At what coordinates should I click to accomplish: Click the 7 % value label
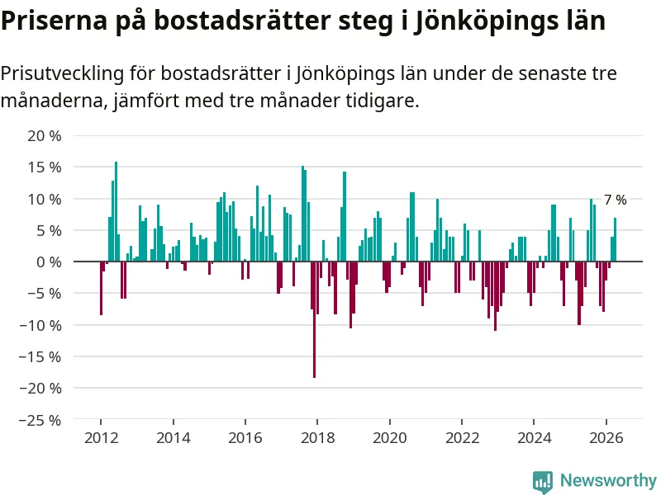point(615,200)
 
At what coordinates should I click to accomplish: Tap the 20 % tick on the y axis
point(45,136)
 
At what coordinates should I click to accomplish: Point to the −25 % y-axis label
point(40,420)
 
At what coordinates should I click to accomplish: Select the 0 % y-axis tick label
point(49,262)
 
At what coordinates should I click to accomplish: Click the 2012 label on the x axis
point(101,438)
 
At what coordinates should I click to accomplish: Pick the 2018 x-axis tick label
point(317,438)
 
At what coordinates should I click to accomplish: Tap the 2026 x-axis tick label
point(606,438)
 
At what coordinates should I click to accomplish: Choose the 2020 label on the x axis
point(390,438)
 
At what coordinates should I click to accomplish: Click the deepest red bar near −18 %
point(315,319)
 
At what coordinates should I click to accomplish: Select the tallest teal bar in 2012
point(116,212)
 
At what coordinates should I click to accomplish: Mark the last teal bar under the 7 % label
point(615,240)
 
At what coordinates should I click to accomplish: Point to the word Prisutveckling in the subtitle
point(63,74)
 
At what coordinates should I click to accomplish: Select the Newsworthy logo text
point(608,480)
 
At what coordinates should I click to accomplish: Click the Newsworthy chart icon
point(543,482)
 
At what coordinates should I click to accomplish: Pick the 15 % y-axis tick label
point(45,167)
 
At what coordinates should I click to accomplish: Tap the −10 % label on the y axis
point(40,325)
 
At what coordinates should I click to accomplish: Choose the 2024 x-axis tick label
point(534,438)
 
